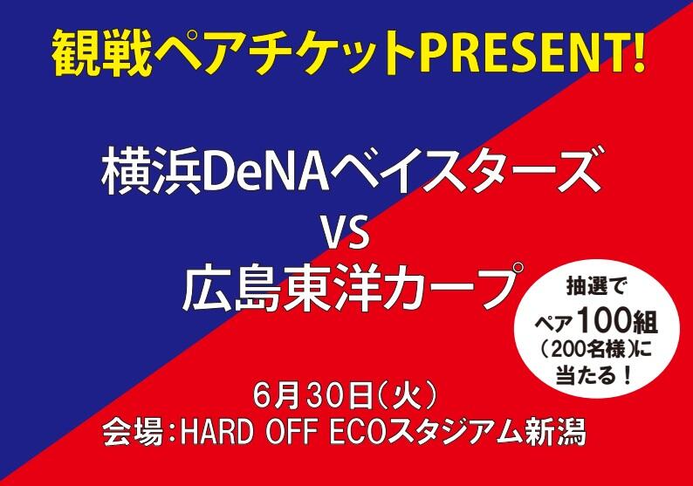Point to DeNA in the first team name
tap(259, 173)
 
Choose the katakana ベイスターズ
tap(459, 173)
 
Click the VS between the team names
tap(346, 233)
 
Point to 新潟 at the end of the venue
tap(558, 432)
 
